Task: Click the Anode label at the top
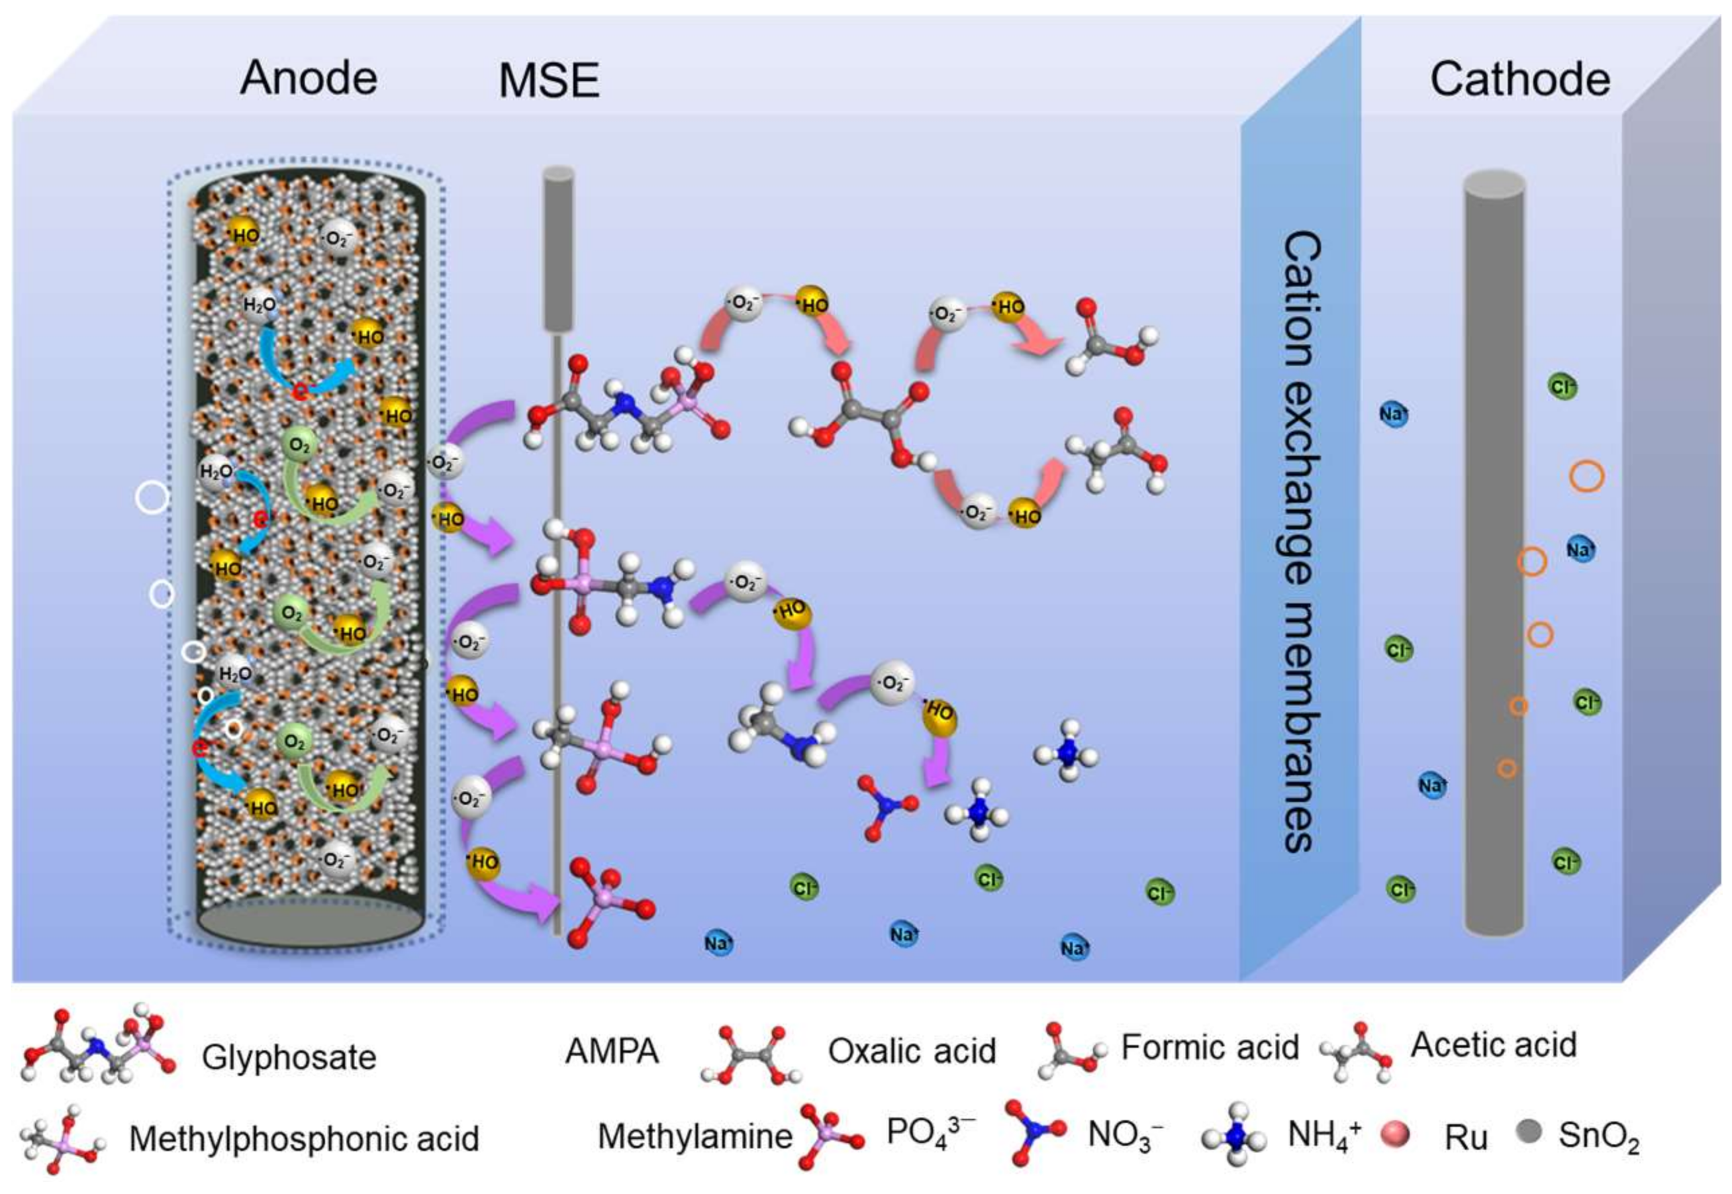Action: (308, 78)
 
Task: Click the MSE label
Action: (548, 81)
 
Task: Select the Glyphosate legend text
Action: (289, 1058)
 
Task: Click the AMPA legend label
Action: (612, 1051)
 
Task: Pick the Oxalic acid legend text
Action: (911, 1051)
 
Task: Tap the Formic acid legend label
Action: (1209, 1048)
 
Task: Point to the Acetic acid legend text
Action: (1493, 1045)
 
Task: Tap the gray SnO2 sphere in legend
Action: (1529, 1131)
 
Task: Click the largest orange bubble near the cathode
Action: (1586, 476)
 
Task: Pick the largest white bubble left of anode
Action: (152, 497)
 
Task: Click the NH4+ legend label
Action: (1323, 1135)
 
